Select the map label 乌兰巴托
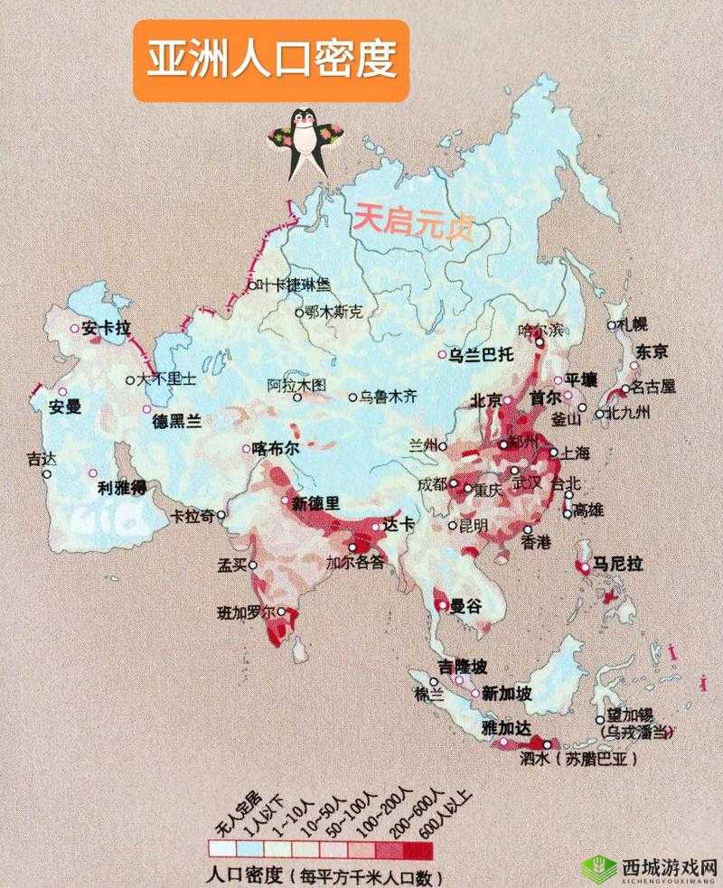tap(481, 354)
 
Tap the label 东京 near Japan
tap(652, 351)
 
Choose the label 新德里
tap(316, 502)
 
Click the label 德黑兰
tap(177, 420)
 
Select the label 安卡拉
tap(107, 328)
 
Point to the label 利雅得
tap(123, 488)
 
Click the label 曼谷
tap(467, 606)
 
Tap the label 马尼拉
tap(617, 564)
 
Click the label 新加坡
tap(506, 693)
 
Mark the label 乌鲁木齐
tap(390, 396)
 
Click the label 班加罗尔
tap(247, 612)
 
